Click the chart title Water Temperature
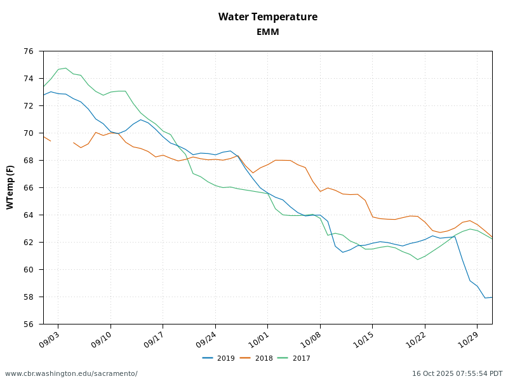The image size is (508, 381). [x=267, y=17]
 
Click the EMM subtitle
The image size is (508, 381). [x=267, y=32]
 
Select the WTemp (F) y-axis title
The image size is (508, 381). [x=10, y=187]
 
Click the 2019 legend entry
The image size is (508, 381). [x=218, y=358]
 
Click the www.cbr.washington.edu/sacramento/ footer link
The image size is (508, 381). [x=71, y=373]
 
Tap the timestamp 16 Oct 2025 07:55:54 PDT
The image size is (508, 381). [x=457, y=373]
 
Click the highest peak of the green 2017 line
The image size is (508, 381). [x=65, y=68]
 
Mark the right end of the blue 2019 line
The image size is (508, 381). [x=491, y=297]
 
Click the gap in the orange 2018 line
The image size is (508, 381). [x=62, y=142]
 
